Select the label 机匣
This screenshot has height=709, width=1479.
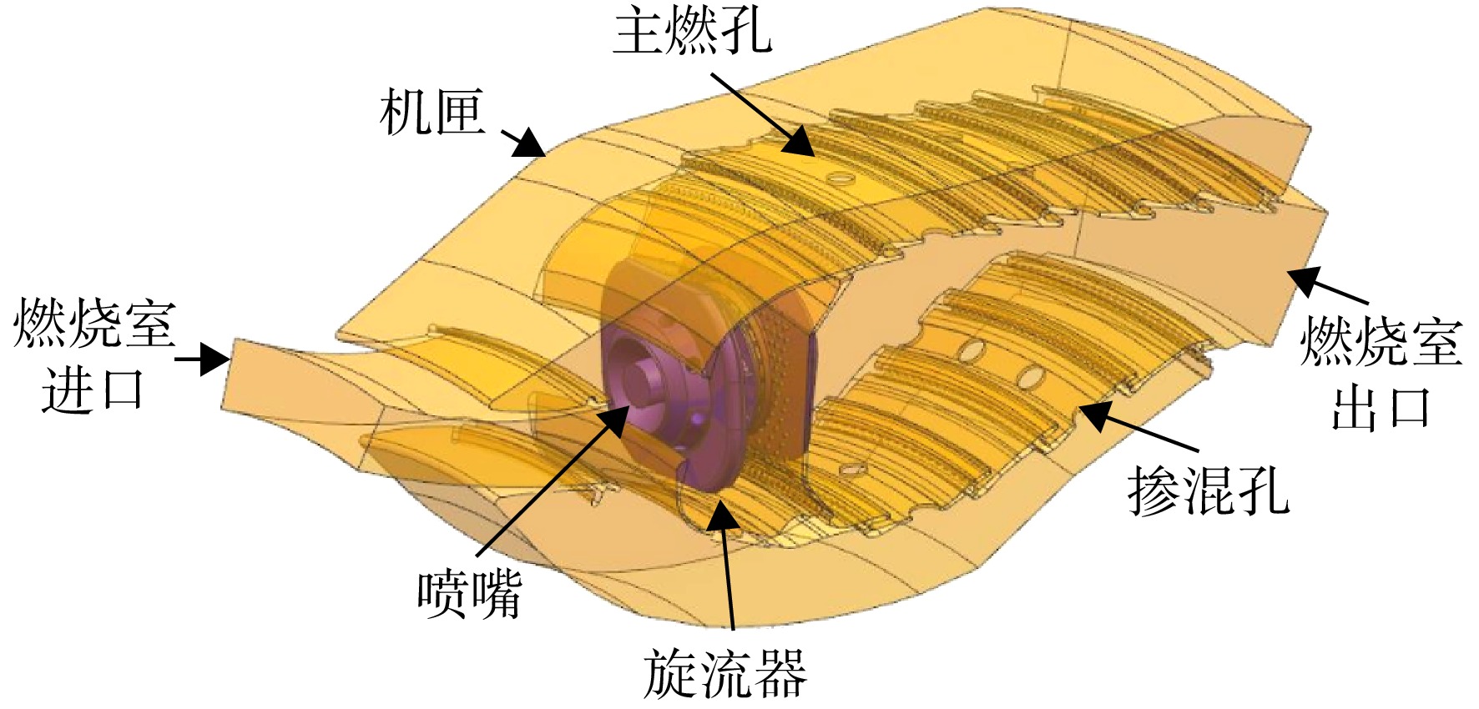pos(432,113)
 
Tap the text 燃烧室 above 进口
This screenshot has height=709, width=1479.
pos(94,324)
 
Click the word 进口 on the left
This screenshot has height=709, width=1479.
pos(93,389)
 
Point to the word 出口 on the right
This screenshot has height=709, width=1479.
pos(1381,408)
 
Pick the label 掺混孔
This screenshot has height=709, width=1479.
pos(1209,490)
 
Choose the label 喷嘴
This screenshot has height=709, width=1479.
pos(470,595)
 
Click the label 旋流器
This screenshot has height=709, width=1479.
pos(724,674)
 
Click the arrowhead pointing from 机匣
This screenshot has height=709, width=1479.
pos(530,143)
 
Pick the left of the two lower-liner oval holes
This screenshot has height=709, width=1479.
pos(971,350)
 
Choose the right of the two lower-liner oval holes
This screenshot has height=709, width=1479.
pos(1031,379)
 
